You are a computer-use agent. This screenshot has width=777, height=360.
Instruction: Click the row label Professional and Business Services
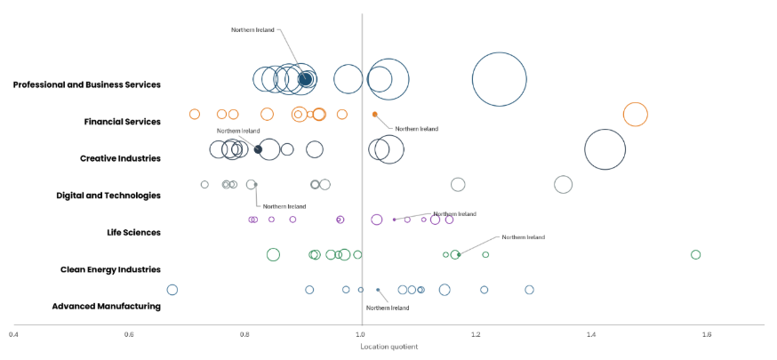(x=87, y=84)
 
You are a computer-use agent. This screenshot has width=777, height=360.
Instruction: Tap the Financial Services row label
(x=123, y=121)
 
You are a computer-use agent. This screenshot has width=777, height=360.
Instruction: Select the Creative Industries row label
(x=120, y=158)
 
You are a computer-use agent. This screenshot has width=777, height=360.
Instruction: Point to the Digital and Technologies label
(x=108, y=195)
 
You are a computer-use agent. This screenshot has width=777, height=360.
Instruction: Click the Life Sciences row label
(x=133, y=232)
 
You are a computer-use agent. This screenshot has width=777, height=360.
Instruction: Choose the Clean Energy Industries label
(x=110, y=269)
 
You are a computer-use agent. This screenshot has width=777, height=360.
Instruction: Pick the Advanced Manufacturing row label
(x=107, y=306)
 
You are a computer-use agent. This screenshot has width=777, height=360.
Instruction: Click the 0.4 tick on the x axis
(x=14, y=334)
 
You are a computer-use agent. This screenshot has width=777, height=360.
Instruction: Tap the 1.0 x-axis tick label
(x=362, y=334)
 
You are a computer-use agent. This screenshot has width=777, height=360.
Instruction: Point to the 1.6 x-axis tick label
(x=707, y=334)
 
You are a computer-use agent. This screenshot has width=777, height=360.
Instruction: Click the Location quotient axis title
(x=389, y=347)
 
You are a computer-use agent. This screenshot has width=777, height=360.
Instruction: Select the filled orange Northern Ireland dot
(x=374, y=115)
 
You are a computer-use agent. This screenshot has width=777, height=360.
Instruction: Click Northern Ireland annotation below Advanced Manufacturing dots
(x=388, y=308)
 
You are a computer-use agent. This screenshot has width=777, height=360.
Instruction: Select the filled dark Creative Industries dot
(x=258, y=149)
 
